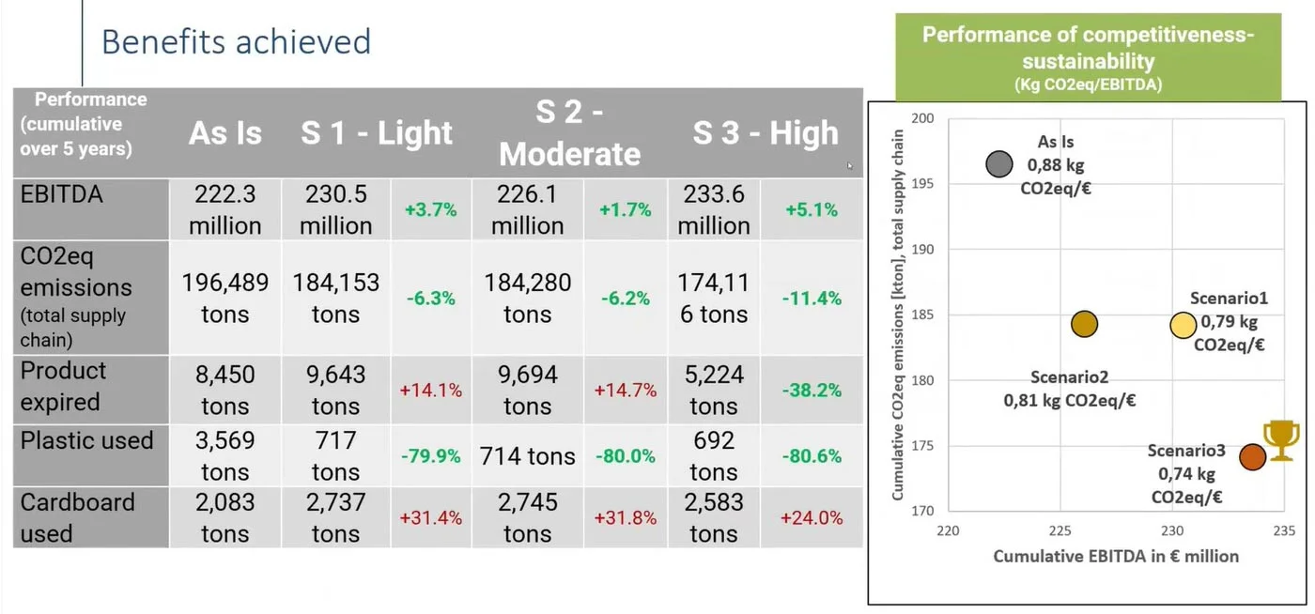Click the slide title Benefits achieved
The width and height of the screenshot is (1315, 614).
236,42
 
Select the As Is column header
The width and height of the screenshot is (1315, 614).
225,133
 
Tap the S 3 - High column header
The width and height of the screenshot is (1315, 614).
765,133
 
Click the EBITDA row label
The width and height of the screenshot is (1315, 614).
62,194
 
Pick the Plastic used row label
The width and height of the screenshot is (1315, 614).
86,440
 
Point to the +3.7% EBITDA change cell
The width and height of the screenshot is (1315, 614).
430,210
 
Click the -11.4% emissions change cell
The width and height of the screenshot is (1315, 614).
812,299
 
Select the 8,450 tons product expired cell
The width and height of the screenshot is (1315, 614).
224,390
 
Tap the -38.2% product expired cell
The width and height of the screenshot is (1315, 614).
812,390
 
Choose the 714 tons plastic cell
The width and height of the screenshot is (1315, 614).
527,456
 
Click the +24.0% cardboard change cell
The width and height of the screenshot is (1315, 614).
812,517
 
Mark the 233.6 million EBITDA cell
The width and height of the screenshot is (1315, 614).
714,210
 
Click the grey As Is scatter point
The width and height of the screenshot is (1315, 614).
999,164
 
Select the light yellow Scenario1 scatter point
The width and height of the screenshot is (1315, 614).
1183,325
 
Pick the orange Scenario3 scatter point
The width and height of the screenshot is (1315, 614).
1252,456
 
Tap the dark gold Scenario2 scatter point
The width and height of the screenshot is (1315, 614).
1084,324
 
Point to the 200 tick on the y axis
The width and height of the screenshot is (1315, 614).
923,118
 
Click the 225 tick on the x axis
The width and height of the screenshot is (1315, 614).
1060,530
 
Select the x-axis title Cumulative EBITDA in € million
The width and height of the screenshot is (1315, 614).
1116,556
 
